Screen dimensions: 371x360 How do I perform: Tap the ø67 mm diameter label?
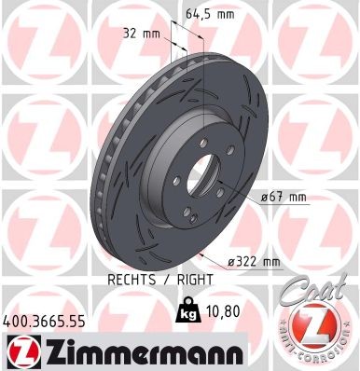(x=285, y=197)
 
